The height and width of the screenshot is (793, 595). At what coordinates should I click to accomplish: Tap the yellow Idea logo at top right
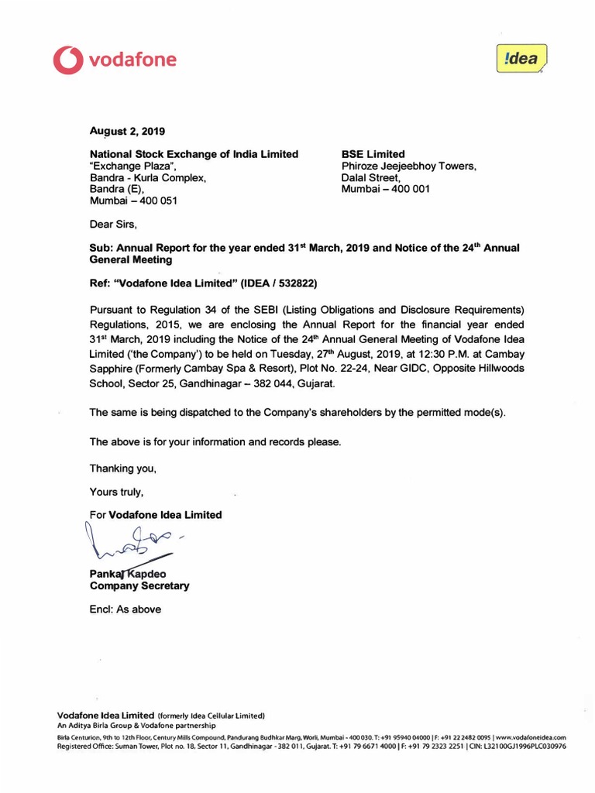(521, 59)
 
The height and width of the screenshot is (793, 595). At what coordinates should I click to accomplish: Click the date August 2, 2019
(127, 131)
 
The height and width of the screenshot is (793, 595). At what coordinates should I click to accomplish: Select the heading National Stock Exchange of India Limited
(194, 154)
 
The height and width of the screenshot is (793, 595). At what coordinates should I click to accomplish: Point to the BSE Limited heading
(373, 154)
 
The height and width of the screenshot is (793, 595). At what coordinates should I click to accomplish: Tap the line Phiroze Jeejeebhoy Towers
(409, 166)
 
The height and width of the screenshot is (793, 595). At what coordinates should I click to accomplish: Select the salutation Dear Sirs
(113, 225)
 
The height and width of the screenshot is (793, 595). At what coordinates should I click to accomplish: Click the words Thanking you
(123, 469)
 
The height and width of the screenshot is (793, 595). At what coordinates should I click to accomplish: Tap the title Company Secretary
(139, 586)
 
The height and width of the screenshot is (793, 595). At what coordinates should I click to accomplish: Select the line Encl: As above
(126, 609)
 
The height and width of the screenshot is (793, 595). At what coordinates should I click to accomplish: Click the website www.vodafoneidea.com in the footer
(530, 737)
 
